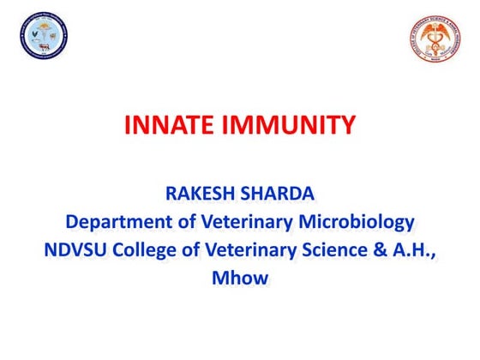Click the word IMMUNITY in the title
291,127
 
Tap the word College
150,251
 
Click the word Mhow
240,279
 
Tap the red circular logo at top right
435,39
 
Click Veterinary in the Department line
249,224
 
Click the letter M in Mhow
221,279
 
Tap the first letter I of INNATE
129,127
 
